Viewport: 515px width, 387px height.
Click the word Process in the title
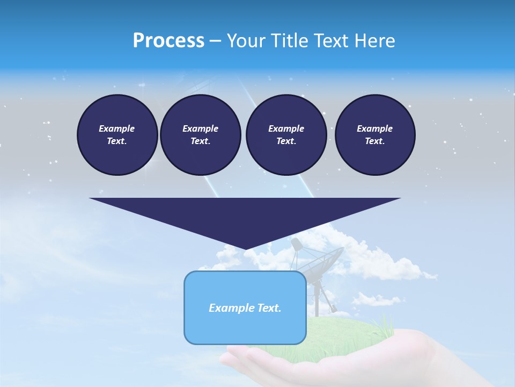point(168,41)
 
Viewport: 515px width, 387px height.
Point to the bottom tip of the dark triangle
point(246,249)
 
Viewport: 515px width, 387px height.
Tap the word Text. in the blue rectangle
point(270,308)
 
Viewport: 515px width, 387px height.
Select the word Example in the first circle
point(117,128)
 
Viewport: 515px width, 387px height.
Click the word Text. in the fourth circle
point(374,141)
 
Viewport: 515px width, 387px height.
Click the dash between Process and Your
point(215,41)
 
